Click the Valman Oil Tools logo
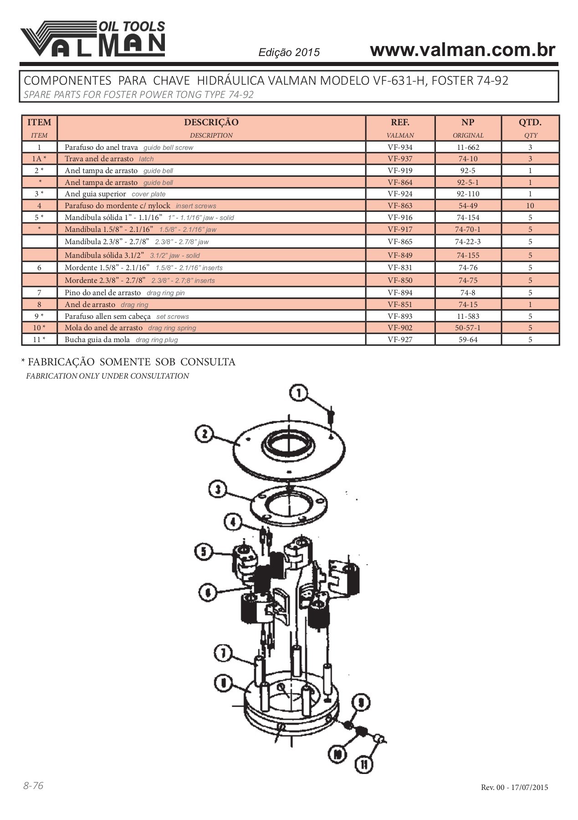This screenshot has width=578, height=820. click(93, 39)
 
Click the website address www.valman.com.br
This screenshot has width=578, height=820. click(462, 50)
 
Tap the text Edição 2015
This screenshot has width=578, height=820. click(289, 52)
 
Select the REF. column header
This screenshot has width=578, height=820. click(400, 123)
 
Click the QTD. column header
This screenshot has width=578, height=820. click(530, 123)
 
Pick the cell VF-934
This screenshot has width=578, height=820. click(400, 147)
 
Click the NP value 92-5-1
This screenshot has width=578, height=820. click(468, 182)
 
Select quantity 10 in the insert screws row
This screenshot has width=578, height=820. click(530, 205)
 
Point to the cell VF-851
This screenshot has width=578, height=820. click(400, 304)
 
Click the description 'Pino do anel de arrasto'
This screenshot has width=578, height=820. click(103, 292)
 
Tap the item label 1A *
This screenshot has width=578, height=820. click(39, 159)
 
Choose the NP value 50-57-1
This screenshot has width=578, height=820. click(468, 328)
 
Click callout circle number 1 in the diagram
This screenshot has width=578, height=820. click(299, 393)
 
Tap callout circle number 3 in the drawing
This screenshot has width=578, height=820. click(218, 490)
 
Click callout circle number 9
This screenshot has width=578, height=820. click(361, 702)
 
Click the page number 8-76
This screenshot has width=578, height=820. click(33, 785)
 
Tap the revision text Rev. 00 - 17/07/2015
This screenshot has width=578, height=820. click(514, 787)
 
